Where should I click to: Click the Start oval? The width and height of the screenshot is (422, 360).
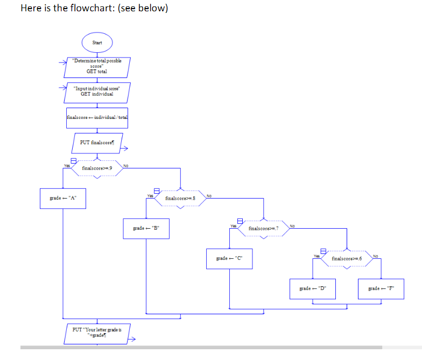(97, 41)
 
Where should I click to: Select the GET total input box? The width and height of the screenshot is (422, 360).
(97, 67)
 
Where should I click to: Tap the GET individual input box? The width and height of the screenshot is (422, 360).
(97, 91)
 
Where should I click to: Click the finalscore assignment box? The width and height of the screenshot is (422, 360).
(97, 117)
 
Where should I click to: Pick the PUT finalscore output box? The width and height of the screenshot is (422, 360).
(97, 143)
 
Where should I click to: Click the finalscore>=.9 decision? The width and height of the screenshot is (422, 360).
(97, 168)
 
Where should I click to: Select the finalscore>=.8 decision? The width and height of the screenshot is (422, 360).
(180, 199)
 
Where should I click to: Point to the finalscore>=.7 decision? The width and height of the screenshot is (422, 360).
(264, 229)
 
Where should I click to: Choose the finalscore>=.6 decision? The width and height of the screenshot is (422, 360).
(347, 259)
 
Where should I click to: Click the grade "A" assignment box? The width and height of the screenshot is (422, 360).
(64, 197)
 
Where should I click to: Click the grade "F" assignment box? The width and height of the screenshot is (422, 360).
(381, 288)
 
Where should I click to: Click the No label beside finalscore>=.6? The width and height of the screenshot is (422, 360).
(376, 256)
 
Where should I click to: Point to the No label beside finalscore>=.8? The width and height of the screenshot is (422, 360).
(209, 195)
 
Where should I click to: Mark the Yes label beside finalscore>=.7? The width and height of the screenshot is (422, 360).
(234, 225)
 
